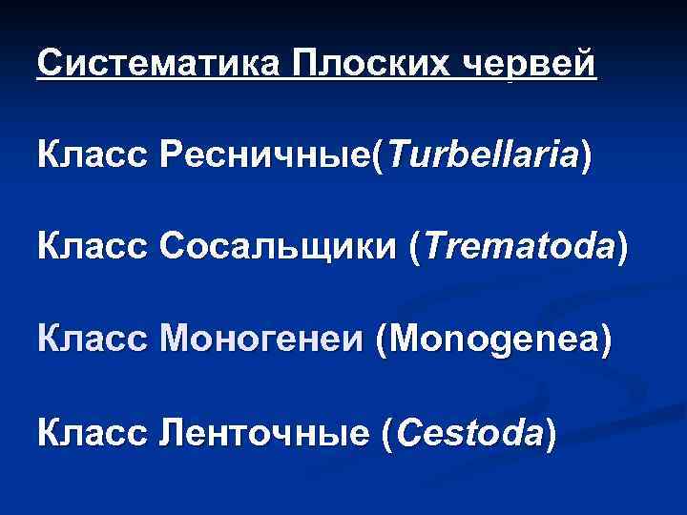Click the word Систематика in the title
(158, 64)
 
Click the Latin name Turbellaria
(482, 154)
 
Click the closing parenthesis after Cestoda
(550, 435)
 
